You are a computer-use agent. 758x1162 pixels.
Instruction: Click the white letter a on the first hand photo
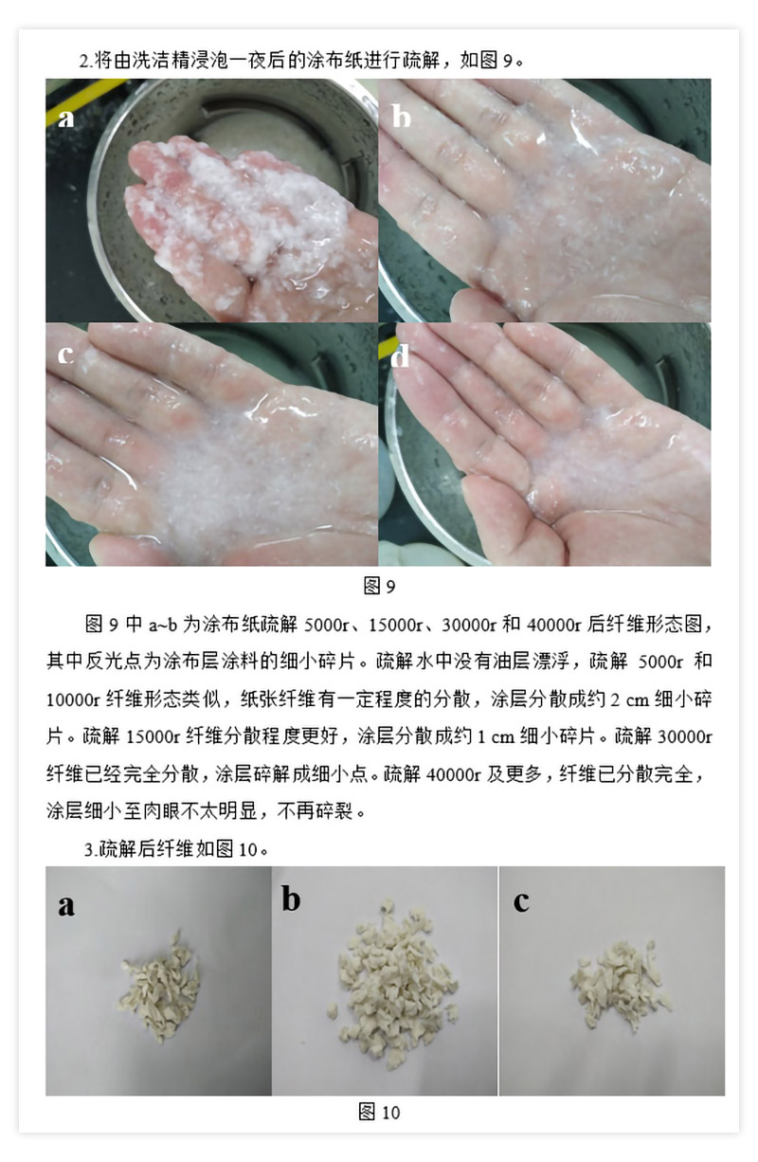65,118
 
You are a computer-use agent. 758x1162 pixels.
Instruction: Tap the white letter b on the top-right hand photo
402,115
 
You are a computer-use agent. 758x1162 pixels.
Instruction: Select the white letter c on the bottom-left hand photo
64,354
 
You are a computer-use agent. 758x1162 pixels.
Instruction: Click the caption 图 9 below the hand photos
379,586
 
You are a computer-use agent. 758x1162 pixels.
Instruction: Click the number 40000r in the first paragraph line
553,624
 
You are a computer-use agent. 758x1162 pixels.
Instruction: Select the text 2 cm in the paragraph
629,699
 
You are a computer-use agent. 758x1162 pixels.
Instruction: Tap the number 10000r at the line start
73,699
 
